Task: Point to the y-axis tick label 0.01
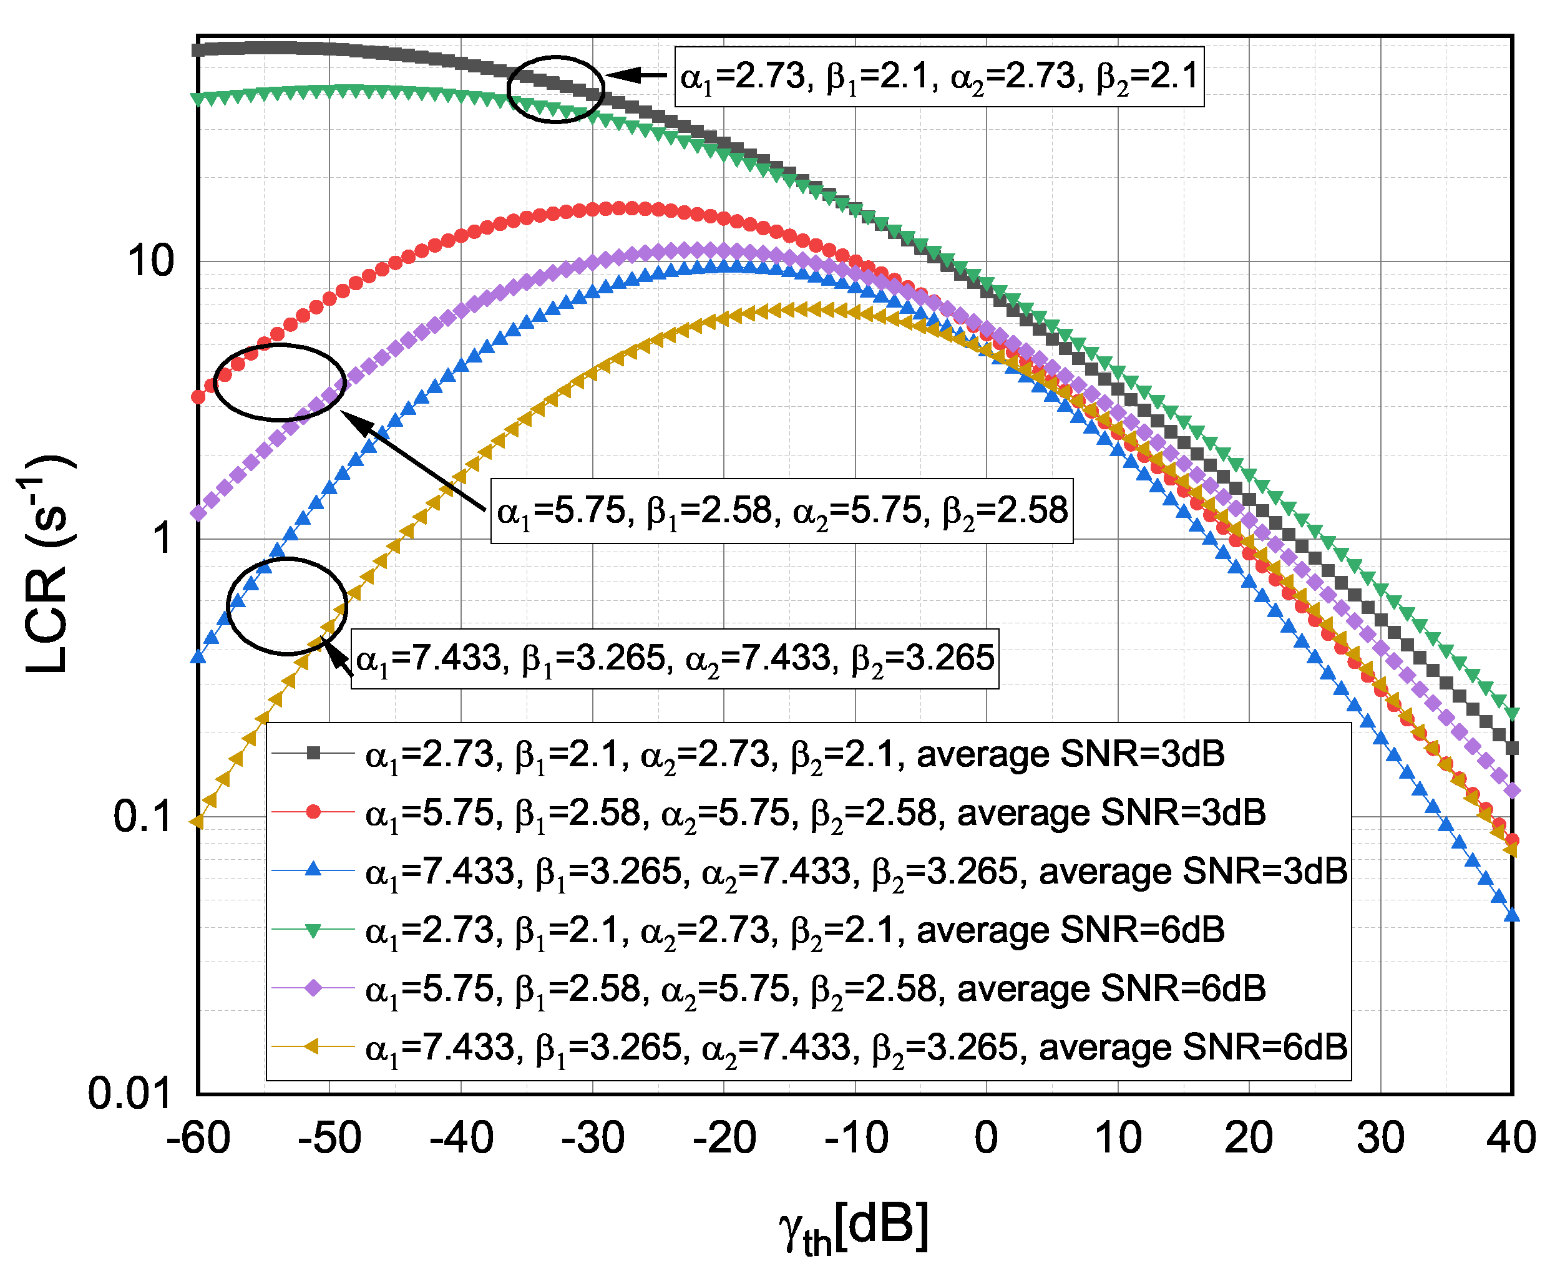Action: [x=129, y=1093]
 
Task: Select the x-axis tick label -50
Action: [x=329, y=1138]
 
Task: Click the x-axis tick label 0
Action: [x=986, y=1138]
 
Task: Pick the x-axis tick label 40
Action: [x=1510, y=1138]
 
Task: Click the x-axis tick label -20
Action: [x=723, y=1138]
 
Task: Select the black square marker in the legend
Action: [x=313, y=753]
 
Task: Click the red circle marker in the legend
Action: [x=313, y=812]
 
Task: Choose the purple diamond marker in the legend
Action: [x=313, y=988]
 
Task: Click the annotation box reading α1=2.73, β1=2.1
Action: [x=938, y=77]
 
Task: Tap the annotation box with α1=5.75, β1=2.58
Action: [x=781, y=511]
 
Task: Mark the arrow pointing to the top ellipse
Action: [x=636, y=74]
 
